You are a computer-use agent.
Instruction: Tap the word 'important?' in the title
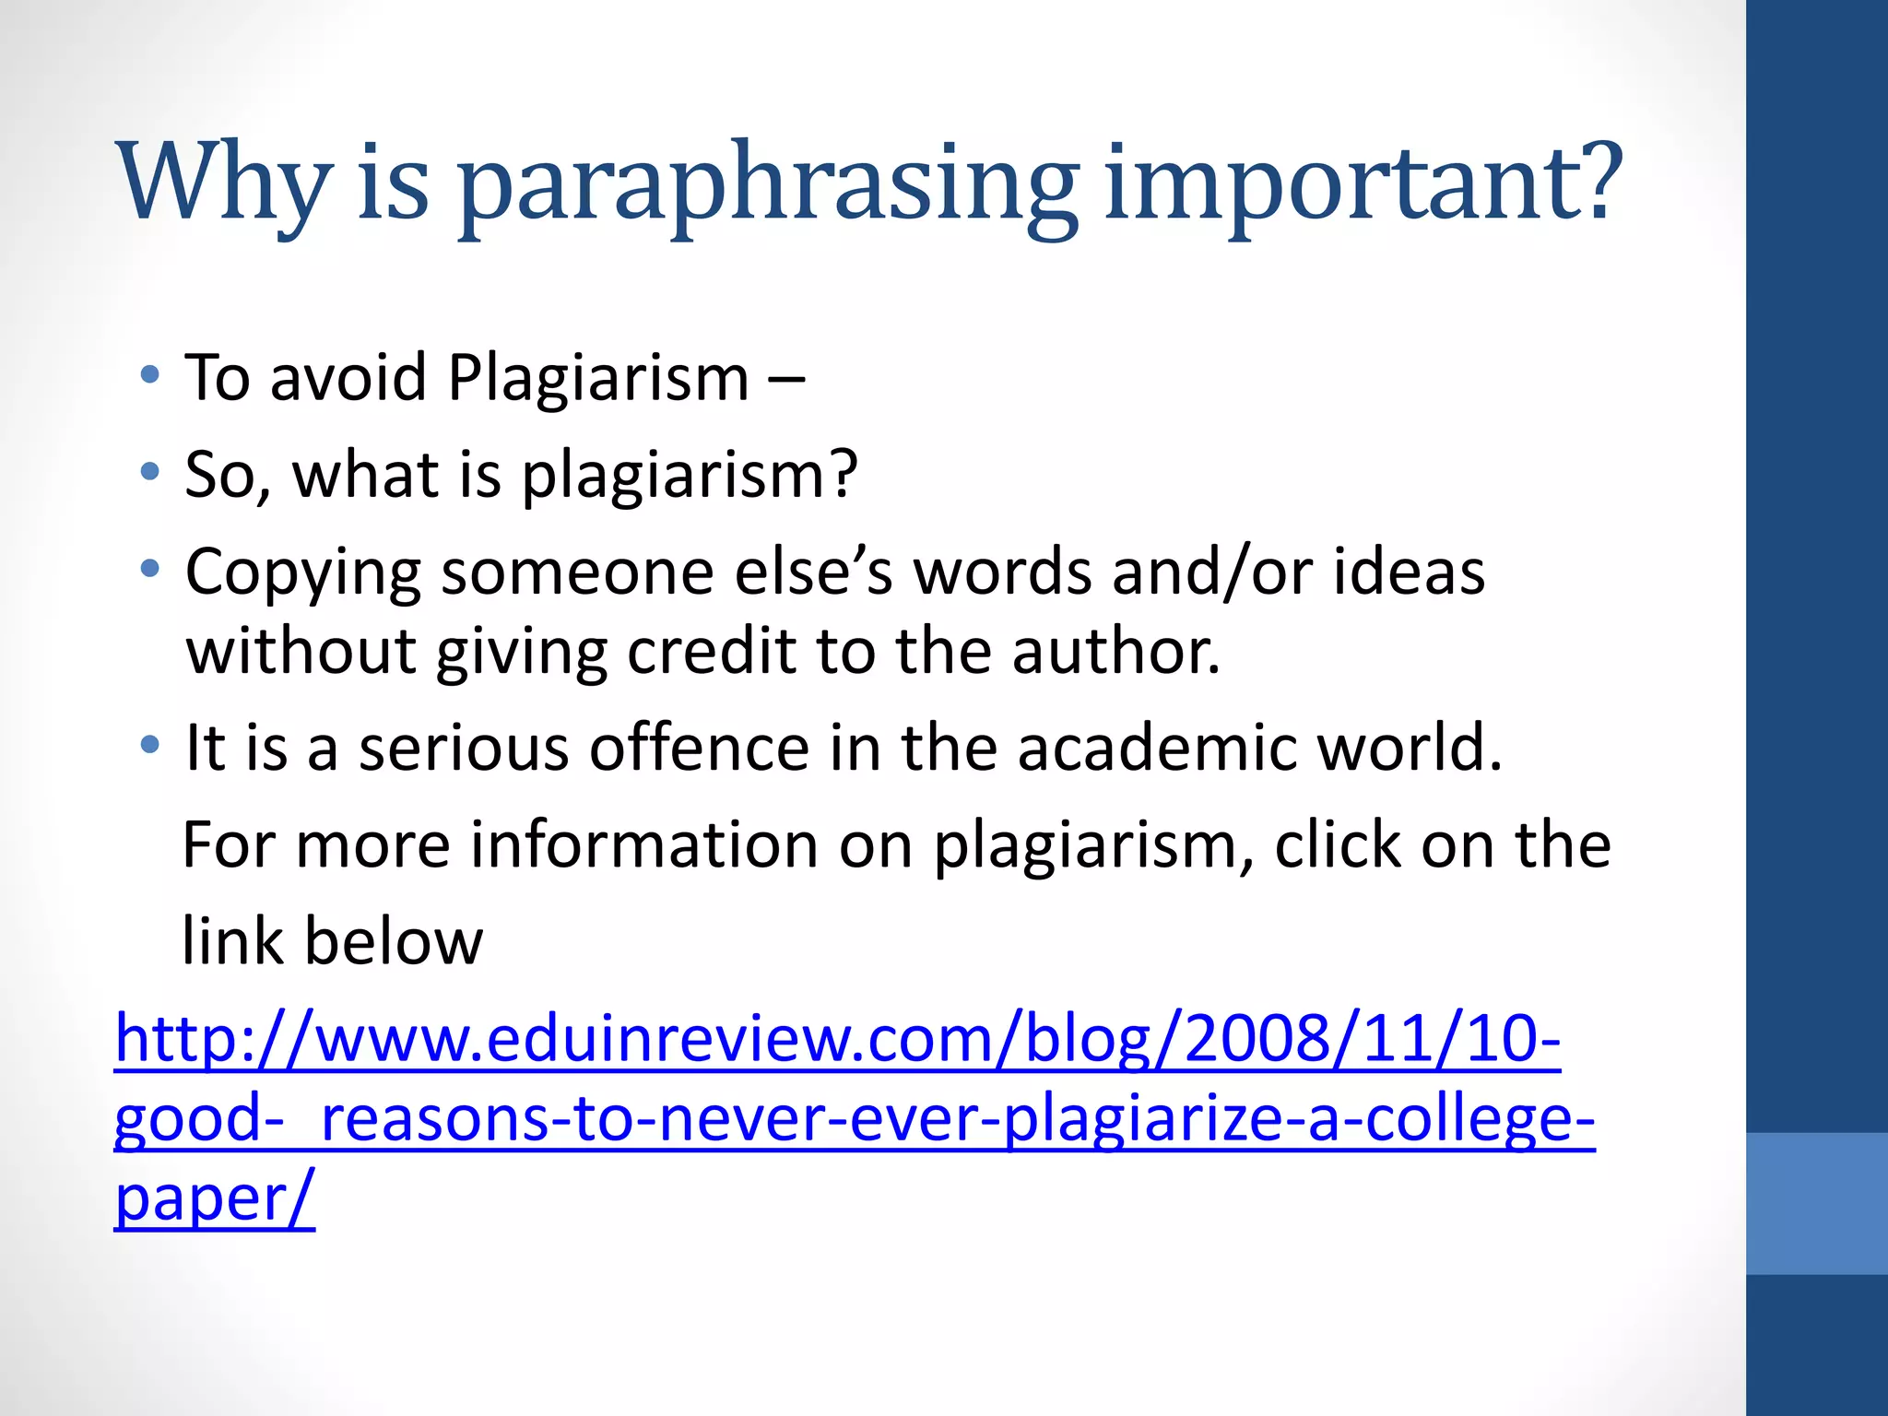coord(1363,184)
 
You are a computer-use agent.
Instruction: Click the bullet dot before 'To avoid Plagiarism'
coord(150,375)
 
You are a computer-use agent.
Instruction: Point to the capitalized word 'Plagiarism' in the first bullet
coord(598,378)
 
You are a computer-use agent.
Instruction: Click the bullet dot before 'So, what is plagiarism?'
coord(150,473)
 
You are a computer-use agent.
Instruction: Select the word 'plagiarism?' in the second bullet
coord(690,476)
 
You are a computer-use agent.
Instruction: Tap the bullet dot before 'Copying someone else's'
coord(150,570)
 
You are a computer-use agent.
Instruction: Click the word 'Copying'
coord(302,573)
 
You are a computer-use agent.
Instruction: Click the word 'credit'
coord(712,651)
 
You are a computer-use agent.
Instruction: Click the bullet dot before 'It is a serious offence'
coord(150,744)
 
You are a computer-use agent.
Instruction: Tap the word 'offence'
coord(699,747)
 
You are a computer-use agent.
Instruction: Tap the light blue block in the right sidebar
coord(1817,1203)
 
